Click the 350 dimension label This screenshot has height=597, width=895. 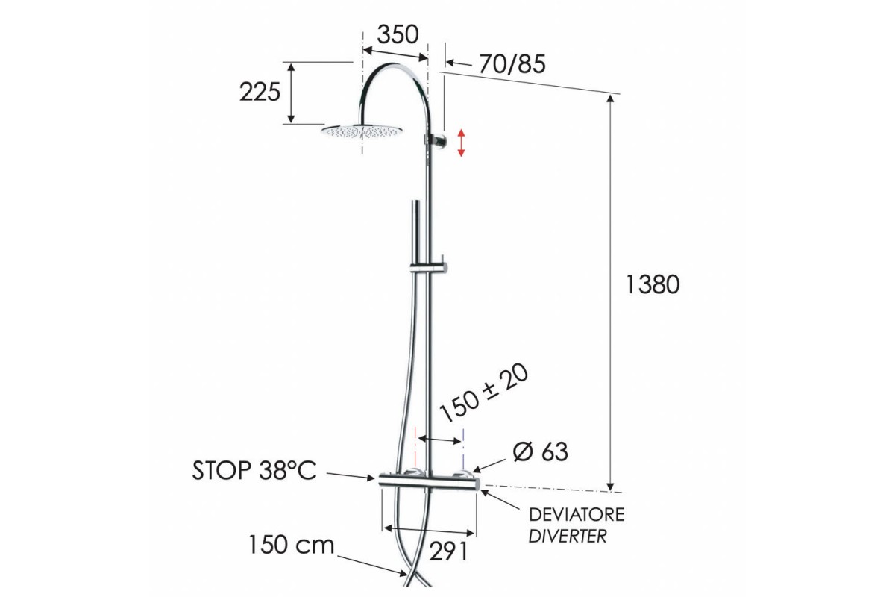click(x=398, y=34)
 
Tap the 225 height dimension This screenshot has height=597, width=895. click(x=260, y=93)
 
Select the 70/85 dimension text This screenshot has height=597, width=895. click(x=512, y=64)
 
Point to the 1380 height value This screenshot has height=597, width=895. click(x=653, y=285)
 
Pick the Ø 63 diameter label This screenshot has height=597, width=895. click(x=540, y=451)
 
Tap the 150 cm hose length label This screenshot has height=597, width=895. click(x=292, y=545)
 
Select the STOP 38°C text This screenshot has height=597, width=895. click(x=254, y=470)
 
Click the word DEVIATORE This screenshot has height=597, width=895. click(x=577, y=515)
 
